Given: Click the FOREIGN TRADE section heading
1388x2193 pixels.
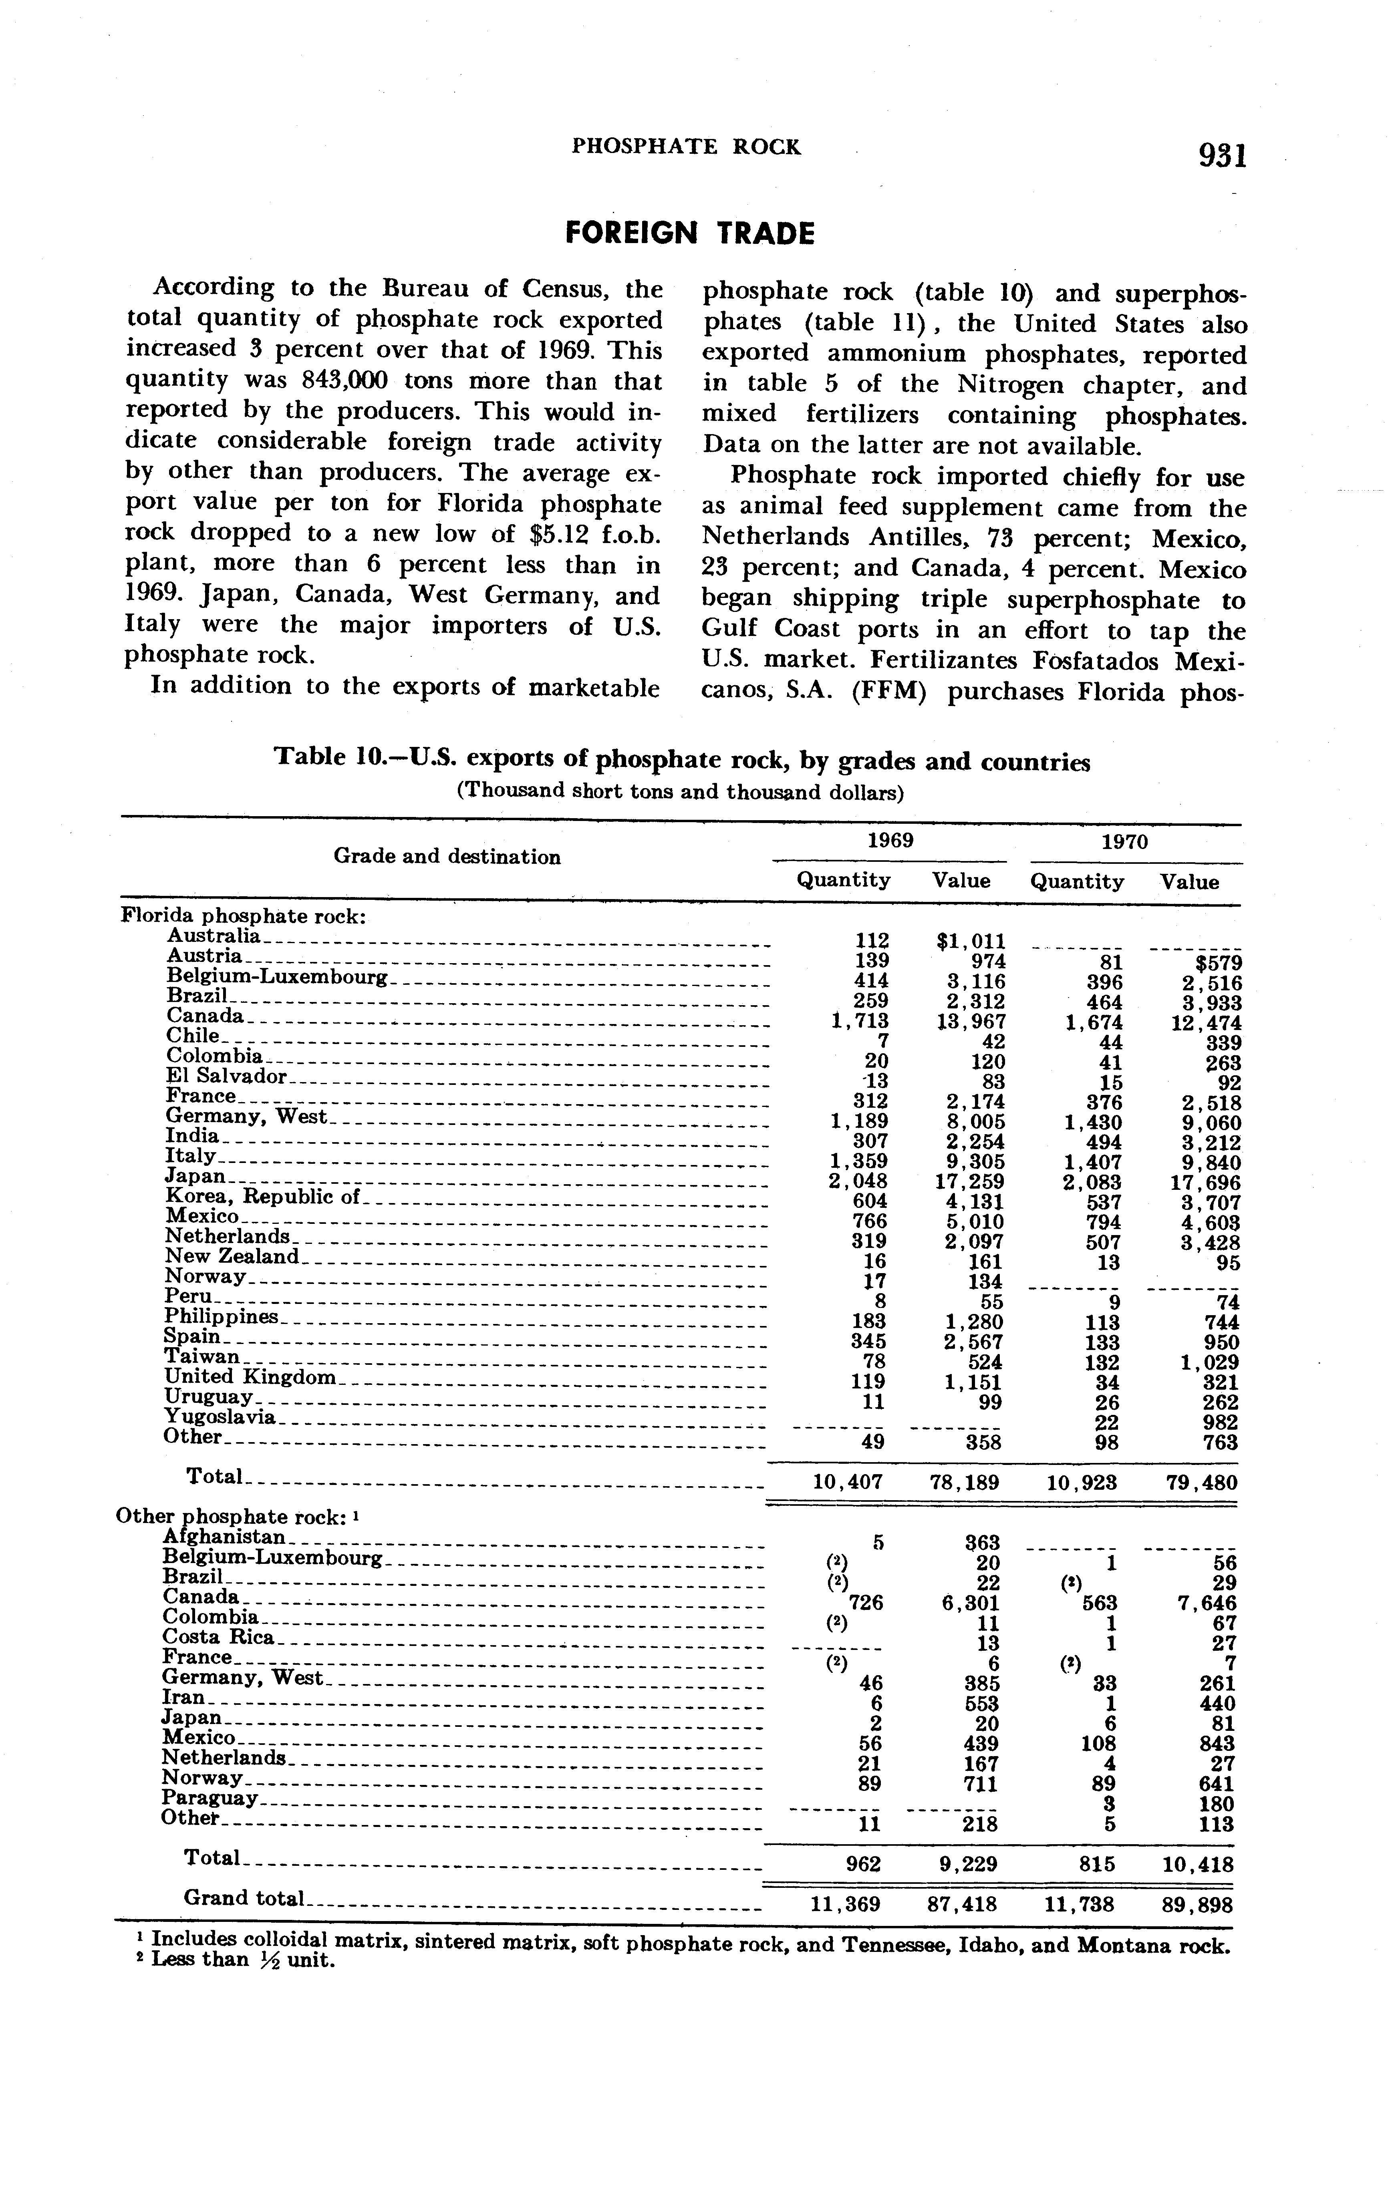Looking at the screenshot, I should [x=689, y=234].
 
